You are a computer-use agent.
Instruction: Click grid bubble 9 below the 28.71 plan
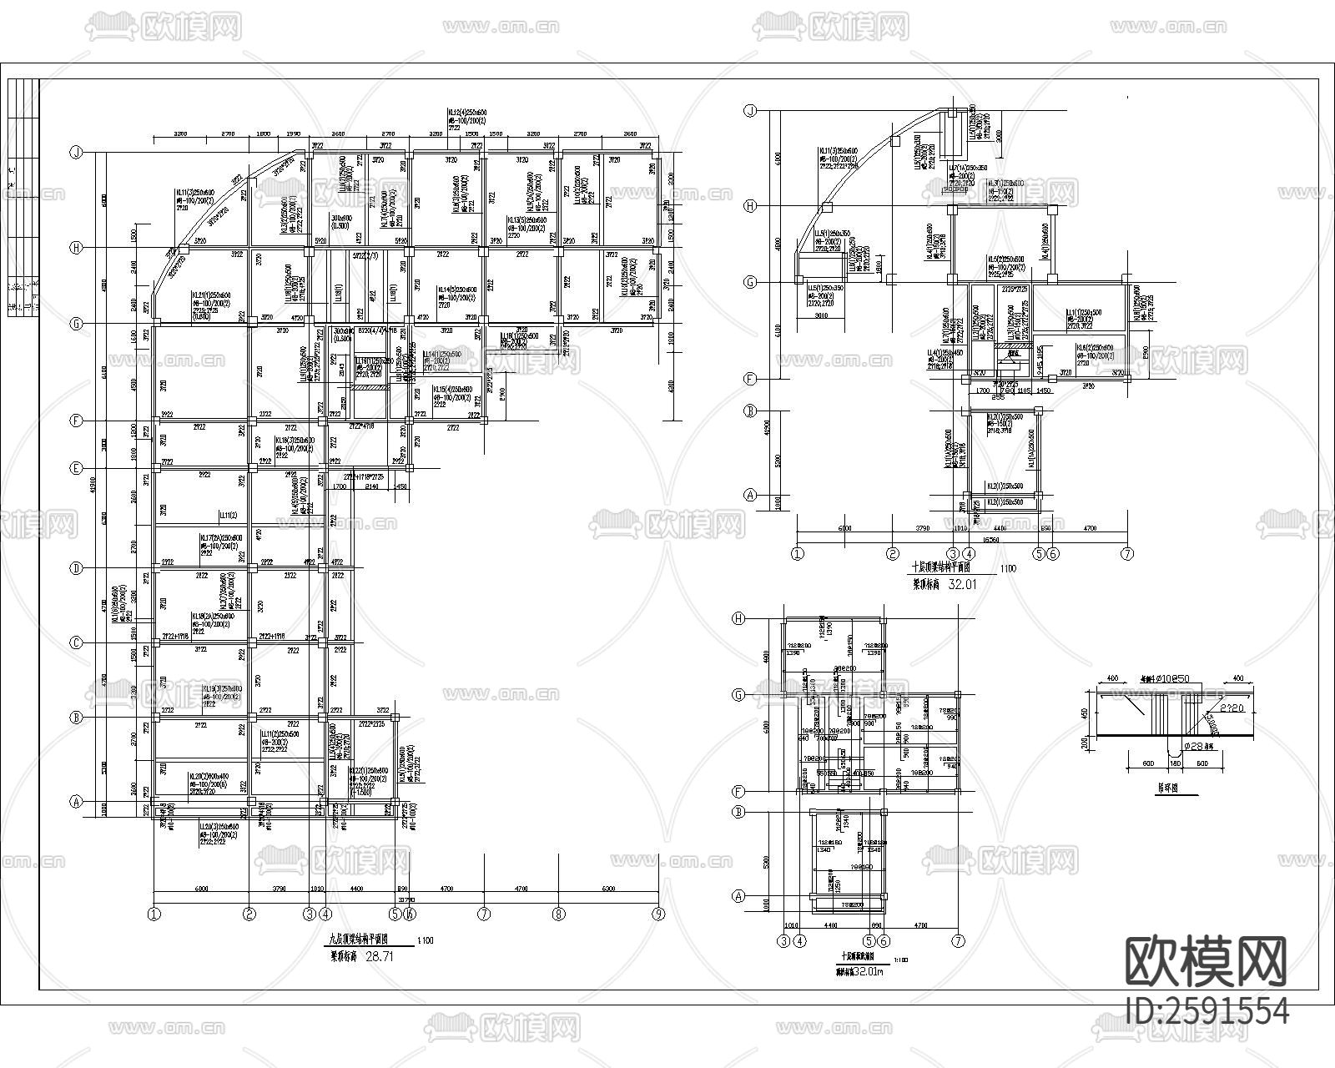pyautogui.click(x=659, y=914)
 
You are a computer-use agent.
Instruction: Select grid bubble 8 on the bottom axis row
pyautogui.click(x=558, y=914)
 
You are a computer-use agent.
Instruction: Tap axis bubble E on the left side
pyautogui.click(x=76, y=468)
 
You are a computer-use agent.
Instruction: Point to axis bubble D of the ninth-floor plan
pyautogui.click(x=76, y=568)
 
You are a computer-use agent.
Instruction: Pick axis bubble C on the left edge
pyautogui.click(x=76, y=642)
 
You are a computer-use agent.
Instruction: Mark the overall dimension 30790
pyautogui.click(x=407, y=899)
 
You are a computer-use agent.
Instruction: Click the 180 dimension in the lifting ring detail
pyautogui.click(x=1175, y=763)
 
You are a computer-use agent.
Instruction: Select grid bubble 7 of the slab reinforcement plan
pyautogui.click(x=958, y=940)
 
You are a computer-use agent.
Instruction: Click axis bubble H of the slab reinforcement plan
pyautogui.click(x=738, y=618)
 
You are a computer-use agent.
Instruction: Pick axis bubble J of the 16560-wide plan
pyautogui.click(x=750, y=110)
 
